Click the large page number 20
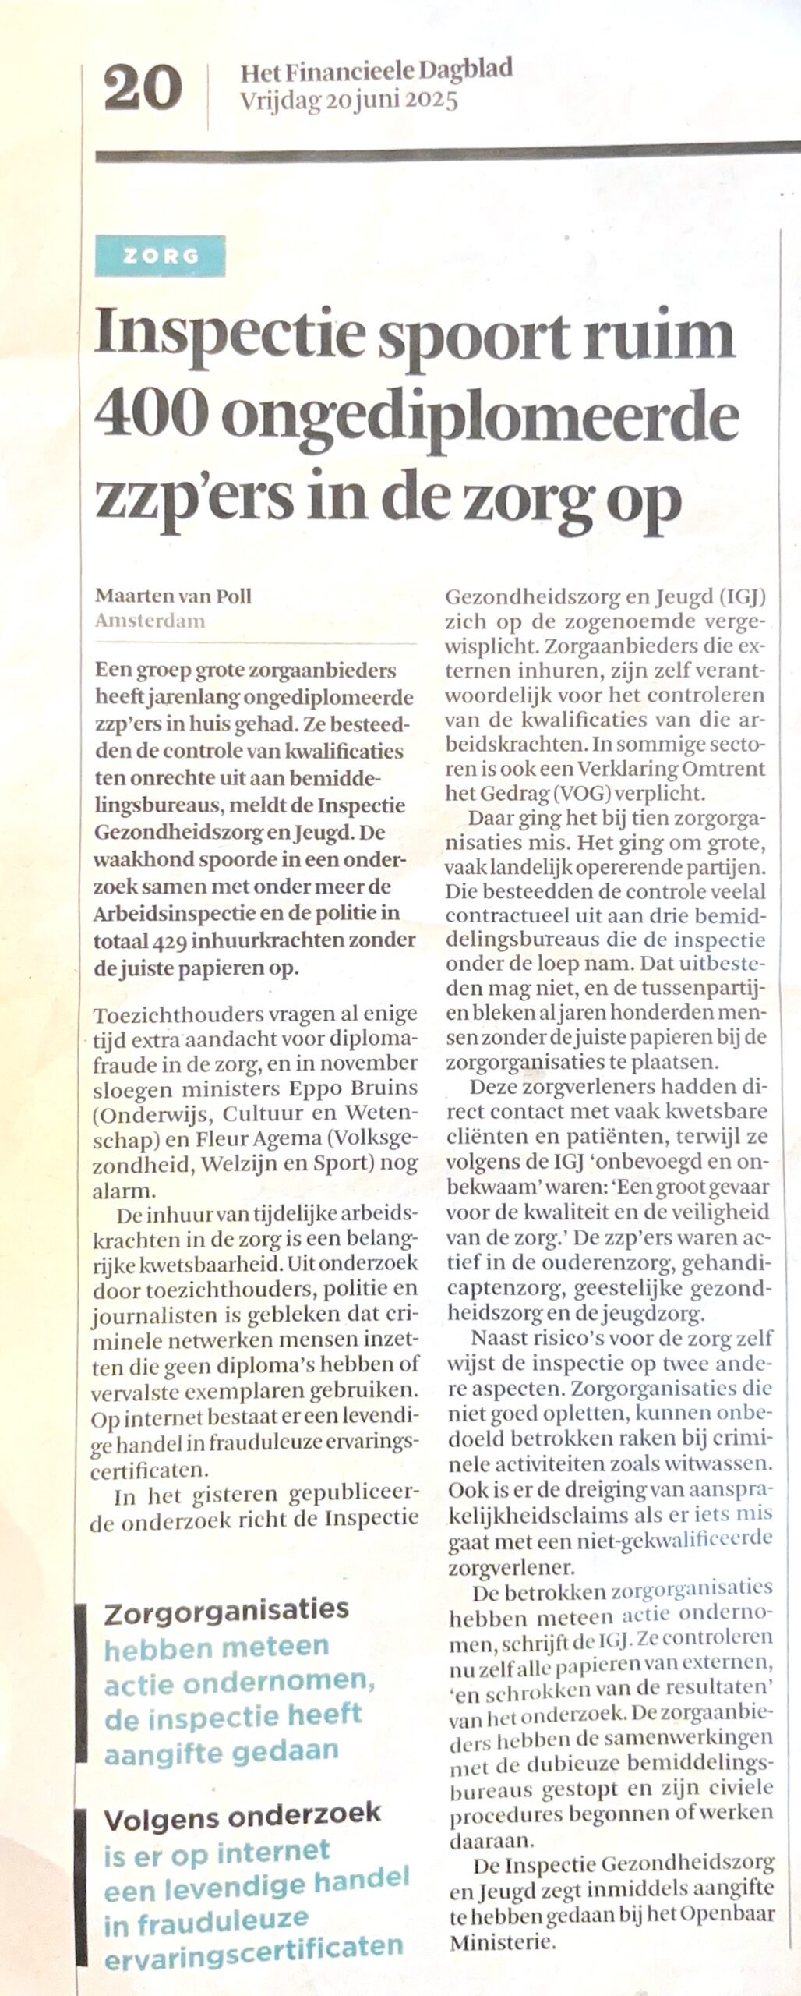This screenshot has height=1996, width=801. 143,89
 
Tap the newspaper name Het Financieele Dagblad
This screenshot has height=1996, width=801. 376,73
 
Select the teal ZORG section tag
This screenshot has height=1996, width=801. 160,255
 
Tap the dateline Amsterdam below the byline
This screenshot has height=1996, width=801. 150,621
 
